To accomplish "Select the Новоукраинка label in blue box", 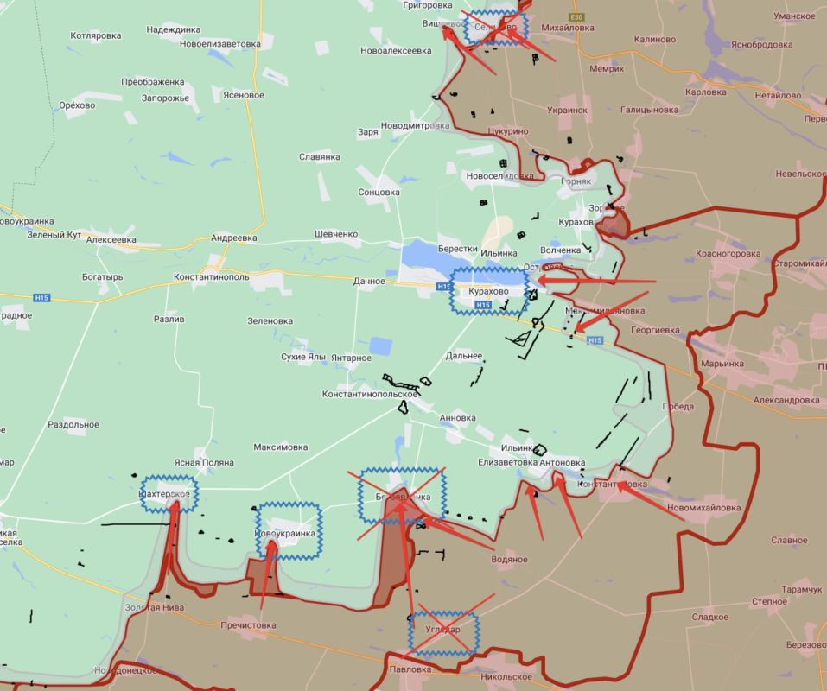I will pos(289,533).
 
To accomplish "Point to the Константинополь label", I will pos(211,276).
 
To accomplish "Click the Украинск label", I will pos(567,111).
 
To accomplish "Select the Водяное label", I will pos(509,559).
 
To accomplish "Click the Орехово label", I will pos(77,105).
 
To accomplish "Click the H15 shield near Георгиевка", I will pos(595,340).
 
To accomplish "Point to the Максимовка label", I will pos(280,447).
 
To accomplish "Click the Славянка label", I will pos(319,156).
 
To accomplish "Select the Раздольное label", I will pos(73,424).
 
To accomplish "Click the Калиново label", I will pos(654,39).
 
